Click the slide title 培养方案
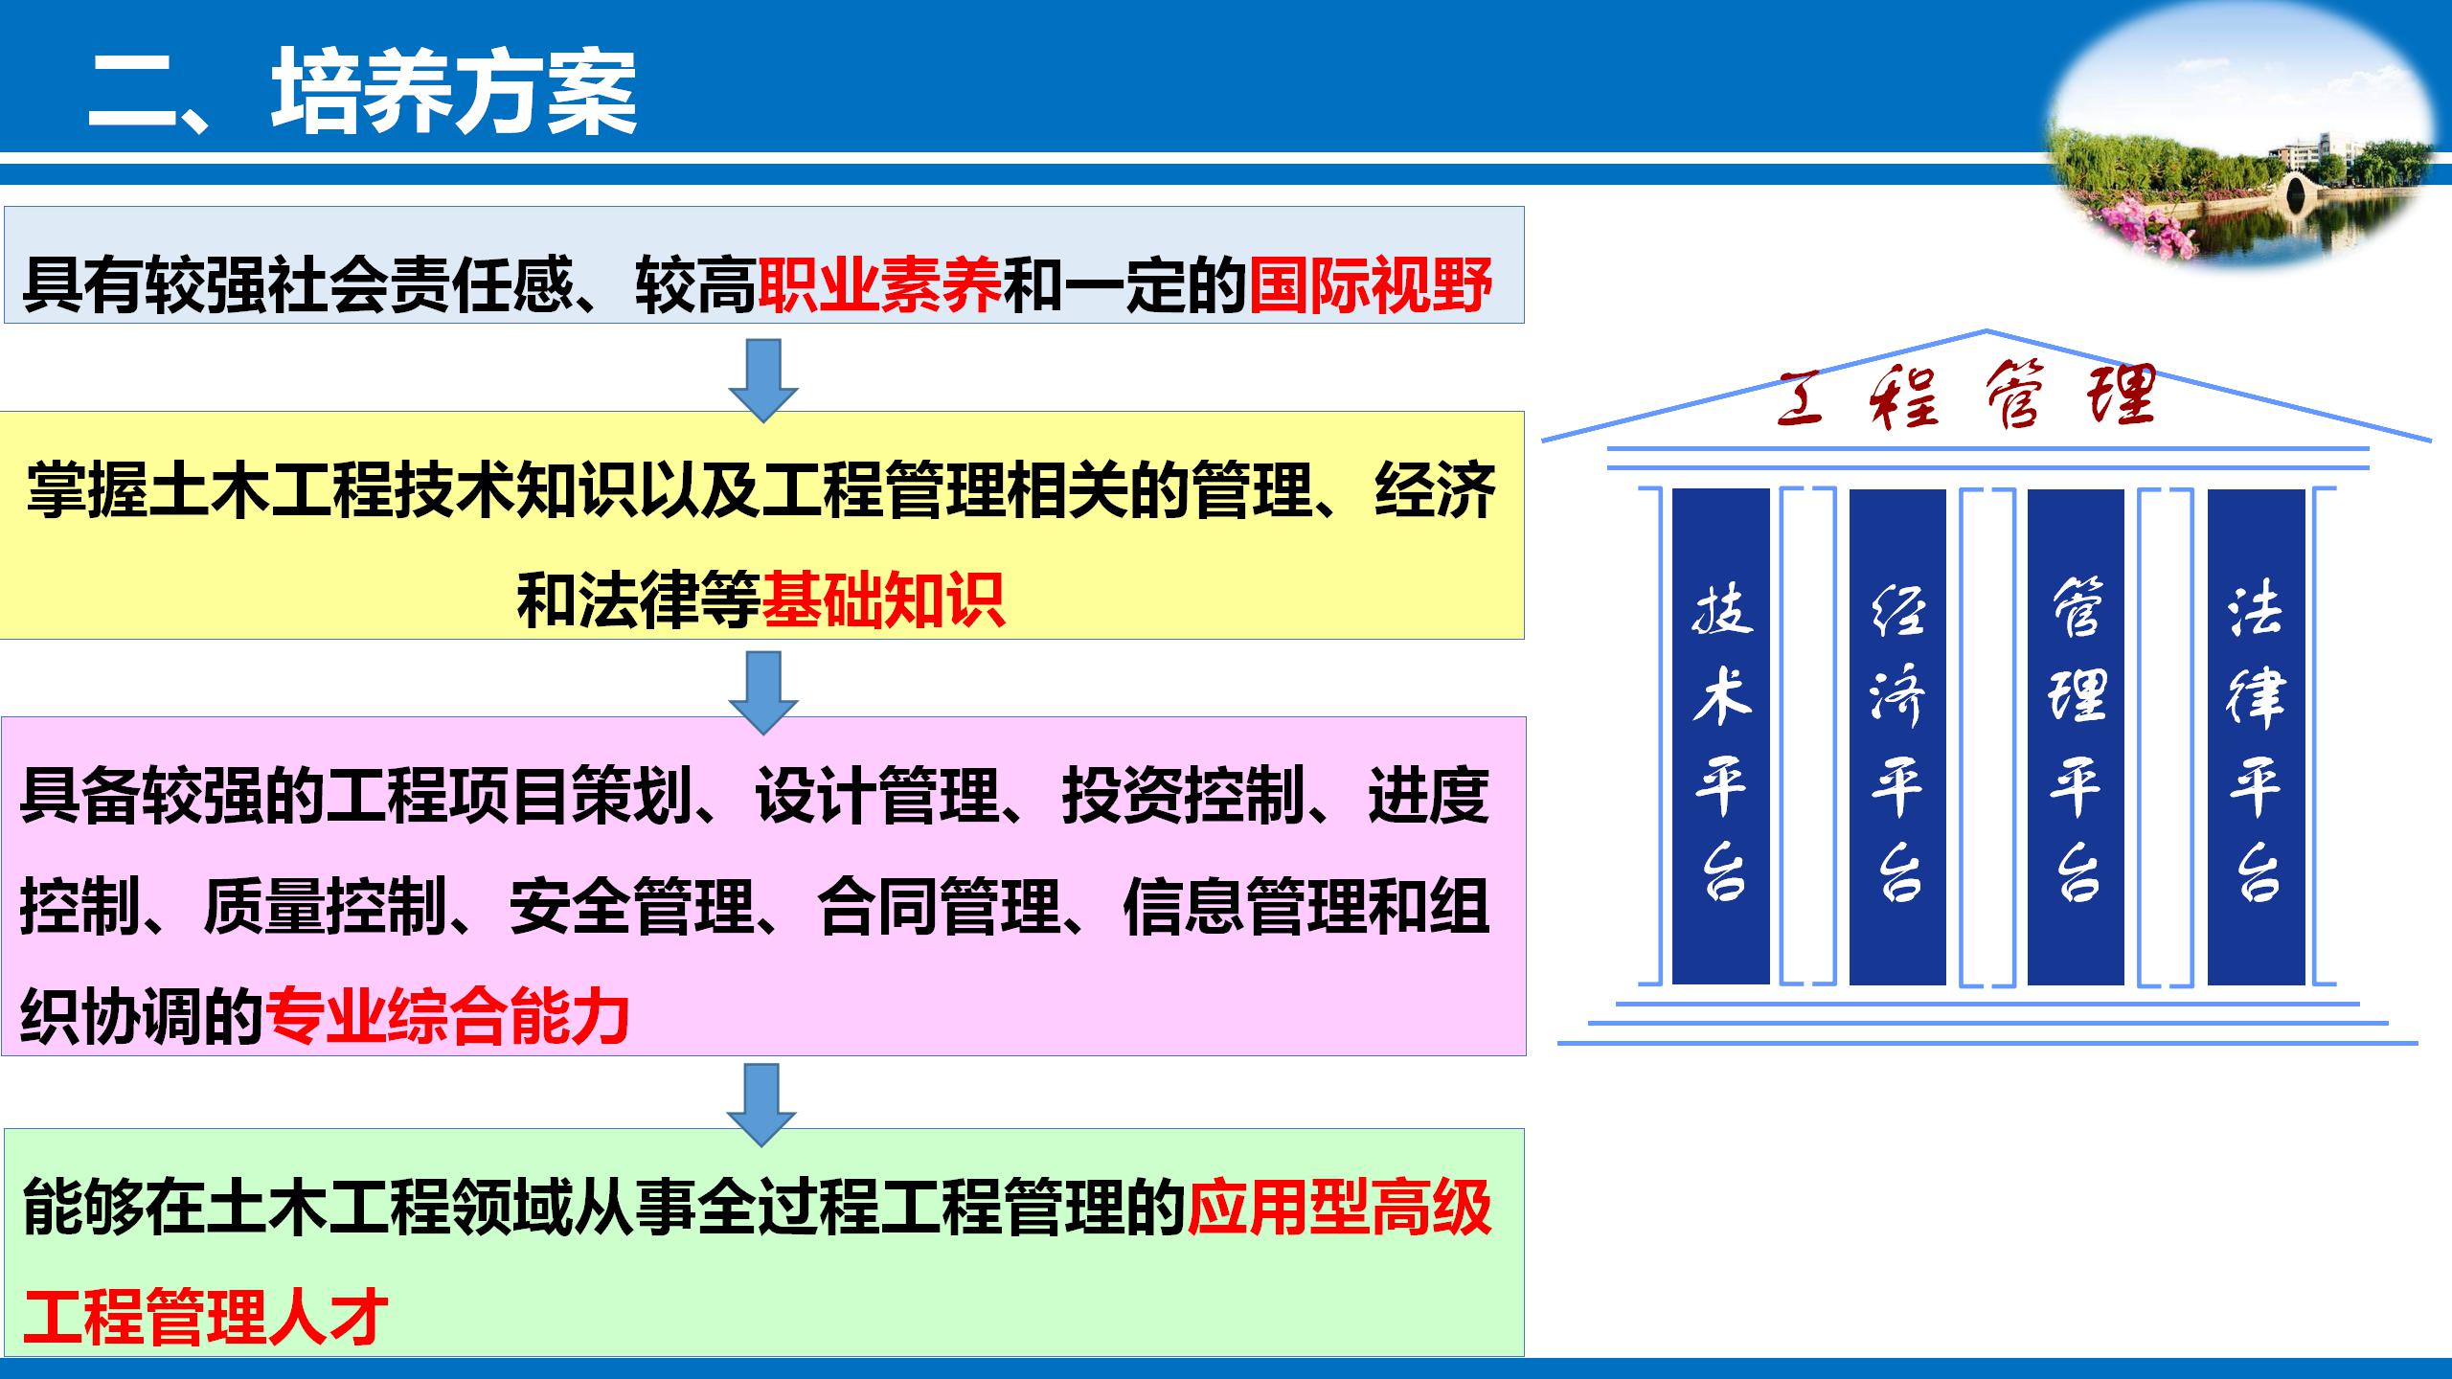tap(455, 93)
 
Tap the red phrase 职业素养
tap(879, 285)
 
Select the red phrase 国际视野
tap(1371, 285)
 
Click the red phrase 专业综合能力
tap(448, 1016)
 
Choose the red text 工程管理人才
tap(205, 1317)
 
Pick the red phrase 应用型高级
tap(1339, 1208)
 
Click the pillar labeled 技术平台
tap(1720, 736)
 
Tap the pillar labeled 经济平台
tap(1897, 736)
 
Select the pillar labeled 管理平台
tap(2076, 736)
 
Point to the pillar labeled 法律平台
tap(2256, 736)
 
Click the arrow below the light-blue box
tap(763, 380)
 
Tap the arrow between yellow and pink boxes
tap(763, 692)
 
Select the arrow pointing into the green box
tap(762, 1104)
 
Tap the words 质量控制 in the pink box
tap(326, 906)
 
